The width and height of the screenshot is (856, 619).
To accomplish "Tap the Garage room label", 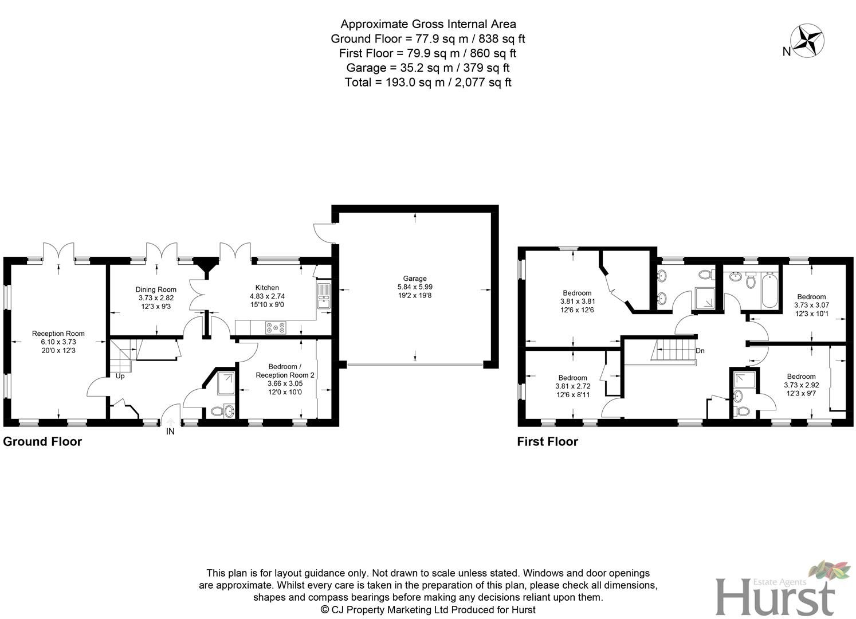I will point(415,279).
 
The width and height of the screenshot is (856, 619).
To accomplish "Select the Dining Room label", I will point(156,289).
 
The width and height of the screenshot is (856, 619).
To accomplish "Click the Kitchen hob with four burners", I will point(276,328).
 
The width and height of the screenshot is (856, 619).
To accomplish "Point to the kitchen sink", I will point(324,296).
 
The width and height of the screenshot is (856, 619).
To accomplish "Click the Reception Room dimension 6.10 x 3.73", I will point(58,342).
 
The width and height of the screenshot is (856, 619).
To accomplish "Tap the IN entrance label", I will point(170,432).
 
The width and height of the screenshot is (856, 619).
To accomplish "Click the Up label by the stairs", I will point(120,376).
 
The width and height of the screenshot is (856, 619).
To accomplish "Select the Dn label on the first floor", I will point(700,351).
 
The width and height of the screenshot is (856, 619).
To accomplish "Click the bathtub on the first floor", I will point(768,290).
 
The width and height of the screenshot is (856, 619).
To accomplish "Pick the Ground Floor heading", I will point(42,441).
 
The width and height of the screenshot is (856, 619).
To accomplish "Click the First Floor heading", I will point(547,441).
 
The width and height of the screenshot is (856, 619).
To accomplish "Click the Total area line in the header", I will point(428,82).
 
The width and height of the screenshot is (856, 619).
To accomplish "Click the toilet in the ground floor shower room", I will point(216,411).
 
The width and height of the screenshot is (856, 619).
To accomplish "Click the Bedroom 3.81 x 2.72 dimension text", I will point(572,386).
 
